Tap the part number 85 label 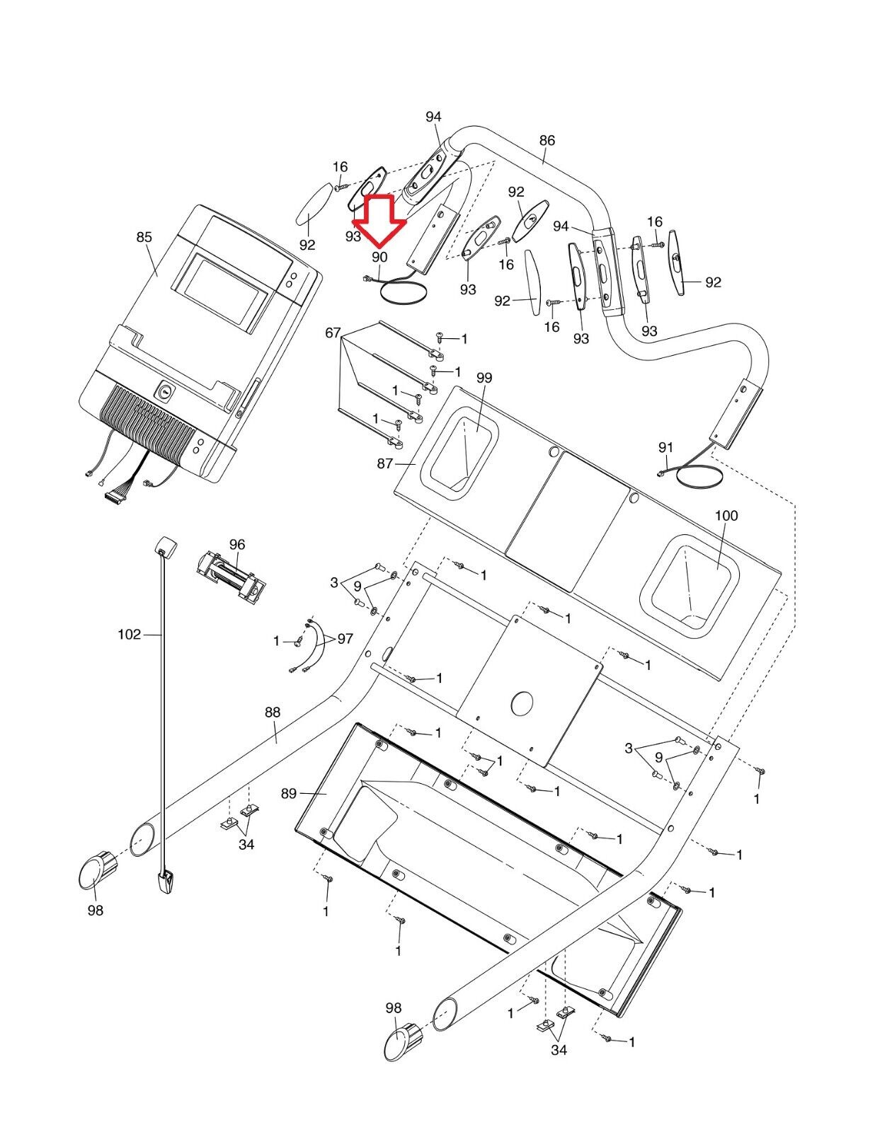coord(144,237)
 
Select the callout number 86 coord(547,140)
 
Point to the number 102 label coord(130,634)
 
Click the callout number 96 coord(236,544)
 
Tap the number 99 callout coord(484,378)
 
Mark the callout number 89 coord(289,793)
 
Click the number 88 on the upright coord(272,712)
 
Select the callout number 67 coord(333,333)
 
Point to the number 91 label coord(665,447)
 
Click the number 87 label coord(384,463)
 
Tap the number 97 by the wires coord(345,638)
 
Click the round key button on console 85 coord(165,391)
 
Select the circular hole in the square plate coord(522,704)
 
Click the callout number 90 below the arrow coord(379,257)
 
